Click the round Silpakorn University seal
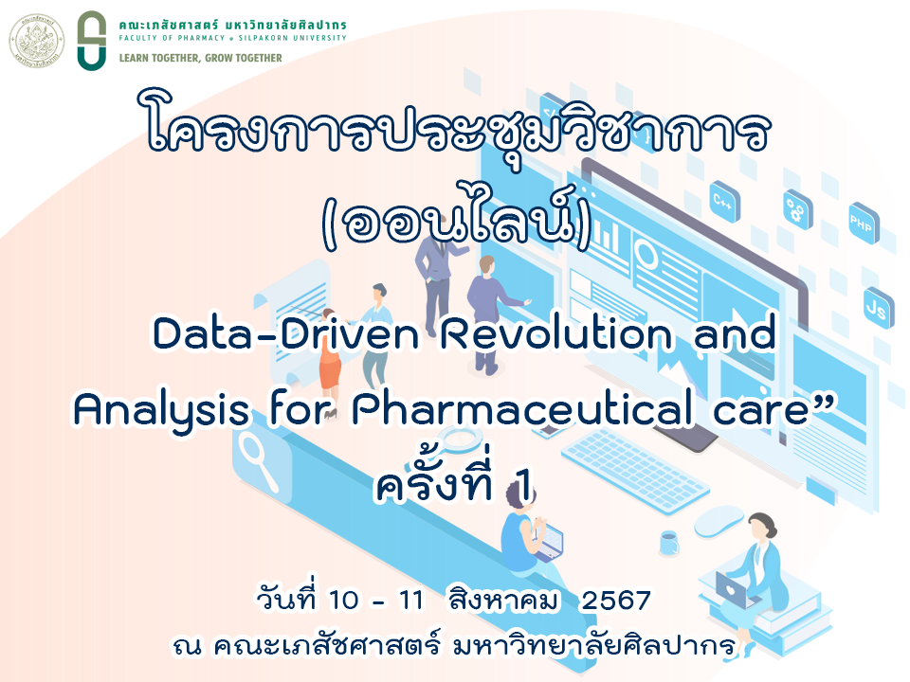point(37,41)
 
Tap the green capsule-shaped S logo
point(92,41)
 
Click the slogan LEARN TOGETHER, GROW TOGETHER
point(200,58)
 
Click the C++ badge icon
point(724,202)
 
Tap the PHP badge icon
point(863,223)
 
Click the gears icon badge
point(796,209)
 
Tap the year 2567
point(616,601)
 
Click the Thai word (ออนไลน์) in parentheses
point(457,219)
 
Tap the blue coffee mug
point(669,544)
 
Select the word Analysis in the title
point(161,409)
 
